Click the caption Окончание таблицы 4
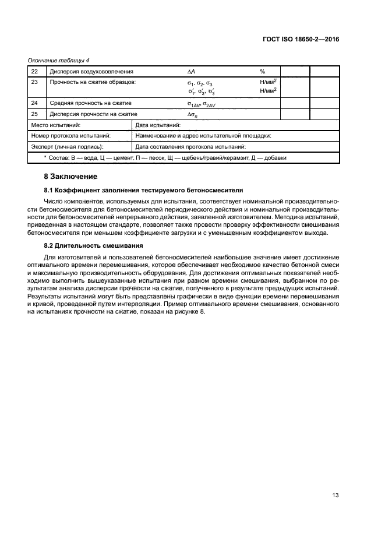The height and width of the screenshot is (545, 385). [58, 60]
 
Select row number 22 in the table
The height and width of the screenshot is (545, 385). [34, 71]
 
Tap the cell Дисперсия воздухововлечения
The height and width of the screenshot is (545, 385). [91, 71]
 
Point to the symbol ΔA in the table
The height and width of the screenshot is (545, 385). [191, 71]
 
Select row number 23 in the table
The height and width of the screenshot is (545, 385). [34, 82]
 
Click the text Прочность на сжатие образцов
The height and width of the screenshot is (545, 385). [93, 82]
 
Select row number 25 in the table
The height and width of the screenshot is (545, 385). [34, 114]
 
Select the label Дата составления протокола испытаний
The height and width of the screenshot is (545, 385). [190, 146]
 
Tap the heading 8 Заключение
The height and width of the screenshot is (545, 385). [70, 176]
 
